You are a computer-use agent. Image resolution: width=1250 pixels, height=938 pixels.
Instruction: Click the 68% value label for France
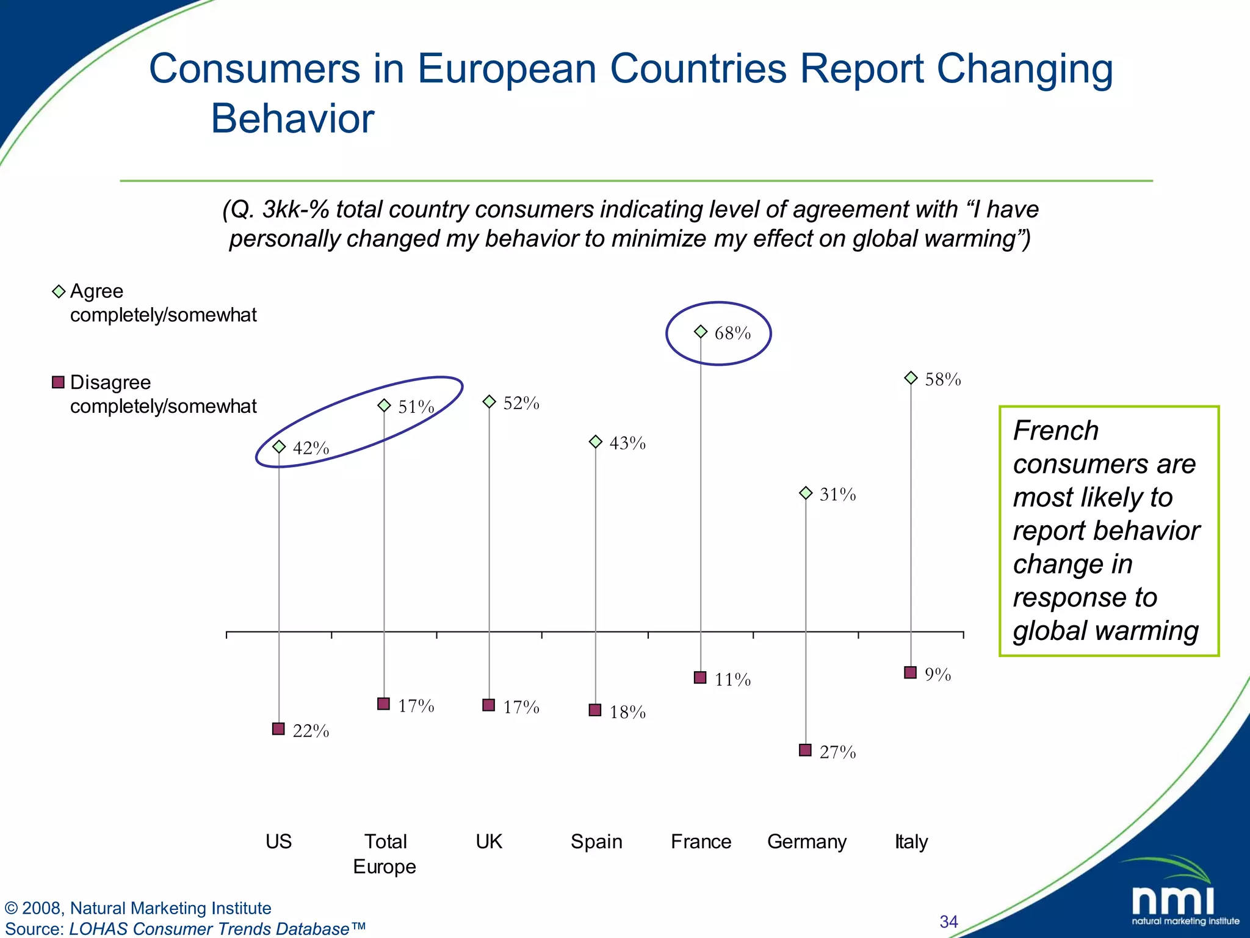point(732,333)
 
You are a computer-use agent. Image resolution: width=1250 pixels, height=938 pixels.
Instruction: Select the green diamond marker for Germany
point(806,493)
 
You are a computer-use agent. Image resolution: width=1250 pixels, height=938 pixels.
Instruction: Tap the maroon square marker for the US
point(278,729)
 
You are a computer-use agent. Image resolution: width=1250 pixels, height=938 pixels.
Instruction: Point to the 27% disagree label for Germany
point(837,752)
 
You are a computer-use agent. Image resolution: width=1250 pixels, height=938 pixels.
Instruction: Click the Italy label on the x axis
point(911,842)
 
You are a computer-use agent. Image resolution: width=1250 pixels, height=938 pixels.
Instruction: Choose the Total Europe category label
point(385,854)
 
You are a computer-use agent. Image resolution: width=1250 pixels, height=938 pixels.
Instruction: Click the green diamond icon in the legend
point(59,291)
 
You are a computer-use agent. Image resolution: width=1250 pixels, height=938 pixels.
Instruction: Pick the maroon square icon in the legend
point(59,382)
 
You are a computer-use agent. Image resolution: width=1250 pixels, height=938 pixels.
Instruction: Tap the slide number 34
point(948,922)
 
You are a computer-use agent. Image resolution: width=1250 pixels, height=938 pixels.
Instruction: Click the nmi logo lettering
point(1172,901)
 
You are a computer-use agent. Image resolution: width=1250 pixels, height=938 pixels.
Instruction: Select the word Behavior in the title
point(292,118)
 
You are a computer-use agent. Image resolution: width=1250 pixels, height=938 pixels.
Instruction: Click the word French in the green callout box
point(1055,431)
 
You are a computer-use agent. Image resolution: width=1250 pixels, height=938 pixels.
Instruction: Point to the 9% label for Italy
point(937,675)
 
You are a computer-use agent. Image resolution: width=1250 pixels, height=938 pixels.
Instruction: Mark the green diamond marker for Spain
point(596,442)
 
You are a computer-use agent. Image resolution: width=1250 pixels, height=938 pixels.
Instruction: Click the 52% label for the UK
point(521,403)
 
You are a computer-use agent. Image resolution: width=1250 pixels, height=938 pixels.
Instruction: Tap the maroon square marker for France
point(700,677)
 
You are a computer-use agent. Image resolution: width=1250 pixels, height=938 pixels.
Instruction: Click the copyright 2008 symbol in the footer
point(11,908)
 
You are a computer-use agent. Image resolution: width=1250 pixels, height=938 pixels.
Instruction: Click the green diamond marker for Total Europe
point(384,405)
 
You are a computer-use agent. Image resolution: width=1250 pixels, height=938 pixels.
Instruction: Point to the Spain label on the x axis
point(596,842)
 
